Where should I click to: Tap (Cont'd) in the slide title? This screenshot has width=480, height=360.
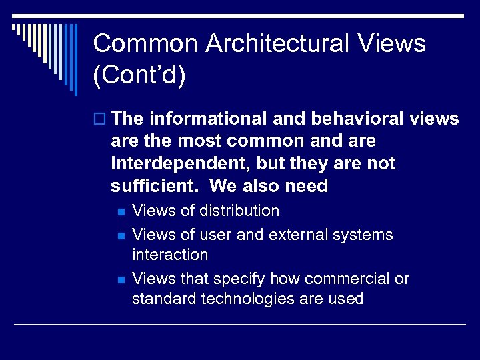(x=139, y=75)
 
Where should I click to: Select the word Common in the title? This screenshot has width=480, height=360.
(x=146, y=44)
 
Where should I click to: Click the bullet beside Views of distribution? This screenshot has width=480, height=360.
(x=120, y=212)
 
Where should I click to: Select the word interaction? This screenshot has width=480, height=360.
(x=170, y=255)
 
